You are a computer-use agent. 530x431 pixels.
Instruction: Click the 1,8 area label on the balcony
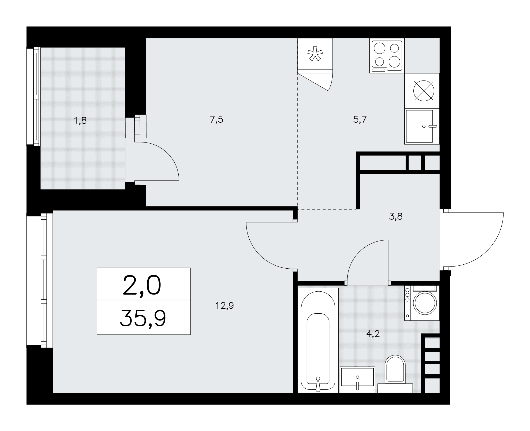(81, 121)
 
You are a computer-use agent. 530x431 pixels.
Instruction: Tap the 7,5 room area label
(217, 120)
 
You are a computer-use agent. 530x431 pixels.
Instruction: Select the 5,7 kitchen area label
(360, 120)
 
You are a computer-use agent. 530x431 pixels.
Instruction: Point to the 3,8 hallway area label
(396, 217)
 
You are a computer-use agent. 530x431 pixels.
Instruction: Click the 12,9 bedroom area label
(225, 306)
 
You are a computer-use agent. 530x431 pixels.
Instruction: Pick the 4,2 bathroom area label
(373, 334)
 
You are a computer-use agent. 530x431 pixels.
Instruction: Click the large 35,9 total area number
(143, 318)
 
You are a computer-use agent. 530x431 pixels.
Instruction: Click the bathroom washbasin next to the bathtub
(357, 379)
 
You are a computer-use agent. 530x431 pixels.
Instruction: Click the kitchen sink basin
(419, 126)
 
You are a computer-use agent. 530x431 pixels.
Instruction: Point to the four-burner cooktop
(387, 56)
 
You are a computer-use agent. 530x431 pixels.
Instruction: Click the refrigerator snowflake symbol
(315, 54)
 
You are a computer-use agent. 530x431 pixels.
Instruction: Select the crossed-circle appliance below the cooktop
(424, 91)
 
